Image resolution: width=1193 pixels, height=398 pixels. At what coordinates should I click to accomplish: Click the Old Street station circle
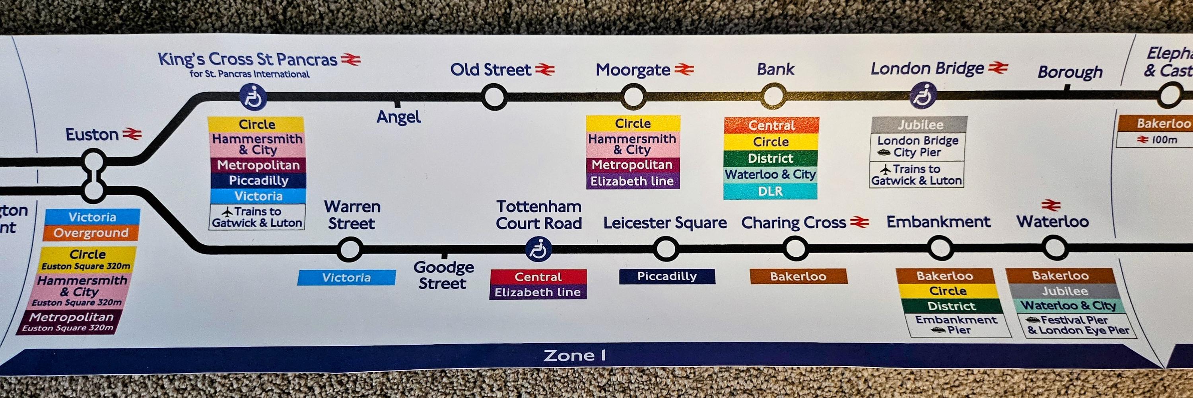(494, 97)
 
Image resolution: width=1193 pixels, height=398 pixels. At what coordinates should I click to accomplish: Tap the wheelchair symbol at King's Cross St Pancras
(253, 97)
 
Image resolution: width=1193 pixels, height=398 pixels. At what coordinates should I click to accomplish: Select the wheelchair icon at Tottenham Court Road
(538, 249)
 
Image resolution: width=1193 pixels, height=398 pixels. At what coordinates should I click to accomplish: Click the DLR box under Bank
(770, 191)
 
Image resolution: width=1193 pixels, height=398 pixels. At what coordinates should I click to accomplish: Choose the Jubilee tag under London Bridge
(919, 125)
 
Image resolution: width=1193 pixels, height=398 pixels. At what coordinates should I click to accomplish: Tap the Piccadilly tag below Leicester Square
(667, 277)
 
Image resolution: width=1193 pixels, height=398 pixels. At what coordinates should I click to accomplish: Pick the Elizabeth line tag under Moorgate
(632, 181)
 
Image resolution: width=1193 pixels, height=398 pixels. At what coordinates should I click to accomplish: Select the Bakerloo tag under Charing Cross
(798, 277)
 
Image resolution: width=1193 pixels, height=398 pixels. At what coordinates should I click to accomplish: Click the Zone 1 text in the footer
(574, 356)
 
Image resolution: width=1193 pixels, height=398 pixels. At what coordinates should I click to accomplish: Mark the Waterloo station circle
(1055, 248)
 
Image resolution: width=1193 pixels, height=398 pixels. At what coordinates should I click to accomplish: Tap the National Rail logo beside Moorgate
(684, 70)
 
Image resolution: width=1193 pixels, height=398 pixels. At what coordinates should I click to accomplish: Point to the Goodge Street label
(443, 275)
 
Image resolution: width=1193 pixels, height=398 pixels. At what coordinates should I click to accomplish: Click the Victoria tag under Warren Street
(346, 277)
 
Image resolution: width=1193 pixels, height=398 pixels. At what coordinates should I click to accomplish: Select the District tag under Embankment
(951, 306)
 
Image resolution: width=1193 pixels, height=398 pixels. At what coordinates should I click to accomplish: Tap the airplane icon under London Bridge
(886, 169)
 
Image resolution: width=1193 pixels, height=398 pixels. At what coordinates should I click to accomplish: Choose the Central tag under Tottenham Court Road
(538, 277)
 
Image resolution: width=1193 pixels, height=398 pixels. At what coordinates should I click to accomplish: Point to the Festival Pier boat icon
(1033, 320)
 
